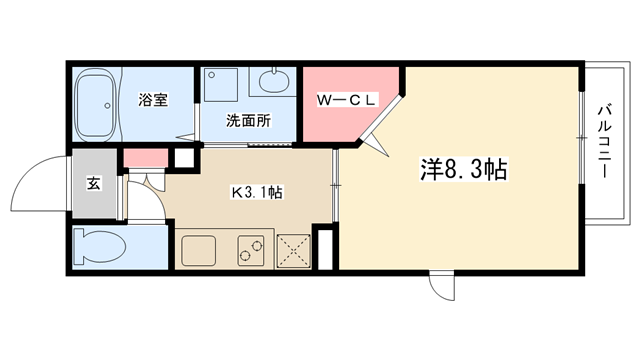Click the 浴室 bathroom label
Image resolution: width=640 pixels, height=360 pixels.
click(153, 100)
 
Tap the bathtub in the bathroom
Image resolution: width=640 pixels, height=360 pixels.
click(96, 104)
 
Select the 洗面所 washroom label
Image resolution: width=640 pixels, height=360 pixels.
click(248, 121)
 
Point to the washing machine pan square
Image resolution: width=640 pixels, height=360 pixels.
click(221, 84)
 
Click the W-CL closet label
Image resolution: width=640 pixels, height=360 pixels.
click(346, 100)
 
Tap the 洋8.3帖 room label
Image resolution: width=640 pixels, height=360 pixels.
click(464, 169)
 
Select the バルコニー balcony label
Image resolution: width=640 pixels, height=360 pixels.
click(604, 142)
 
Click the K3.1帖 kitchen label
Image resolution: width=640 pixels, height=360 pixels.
click(257, 192)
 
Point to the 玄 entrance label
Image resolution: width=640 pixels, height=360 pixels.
click(93, 183)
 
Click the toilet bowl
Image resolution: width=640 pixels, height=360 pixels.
click(99, 247)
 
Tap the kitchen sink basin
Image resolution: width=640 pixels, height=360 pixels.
click(199, 250)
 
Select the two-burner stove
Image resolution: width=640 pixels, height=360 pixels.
click(251, 250)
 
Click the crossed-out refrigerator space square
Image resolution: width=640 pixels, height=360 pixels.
click(293, 251)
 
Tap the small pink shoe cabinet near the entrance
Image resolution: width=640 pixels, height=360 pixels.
click(146, 158)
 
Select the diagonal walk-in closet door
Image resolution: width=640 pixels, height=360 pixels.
click(380, 117)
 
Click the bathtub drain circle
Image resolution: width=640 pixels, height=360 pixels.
click(107, 106)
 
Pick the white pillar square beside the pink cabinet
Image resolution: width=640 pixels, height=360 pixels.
click(184, 158)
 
